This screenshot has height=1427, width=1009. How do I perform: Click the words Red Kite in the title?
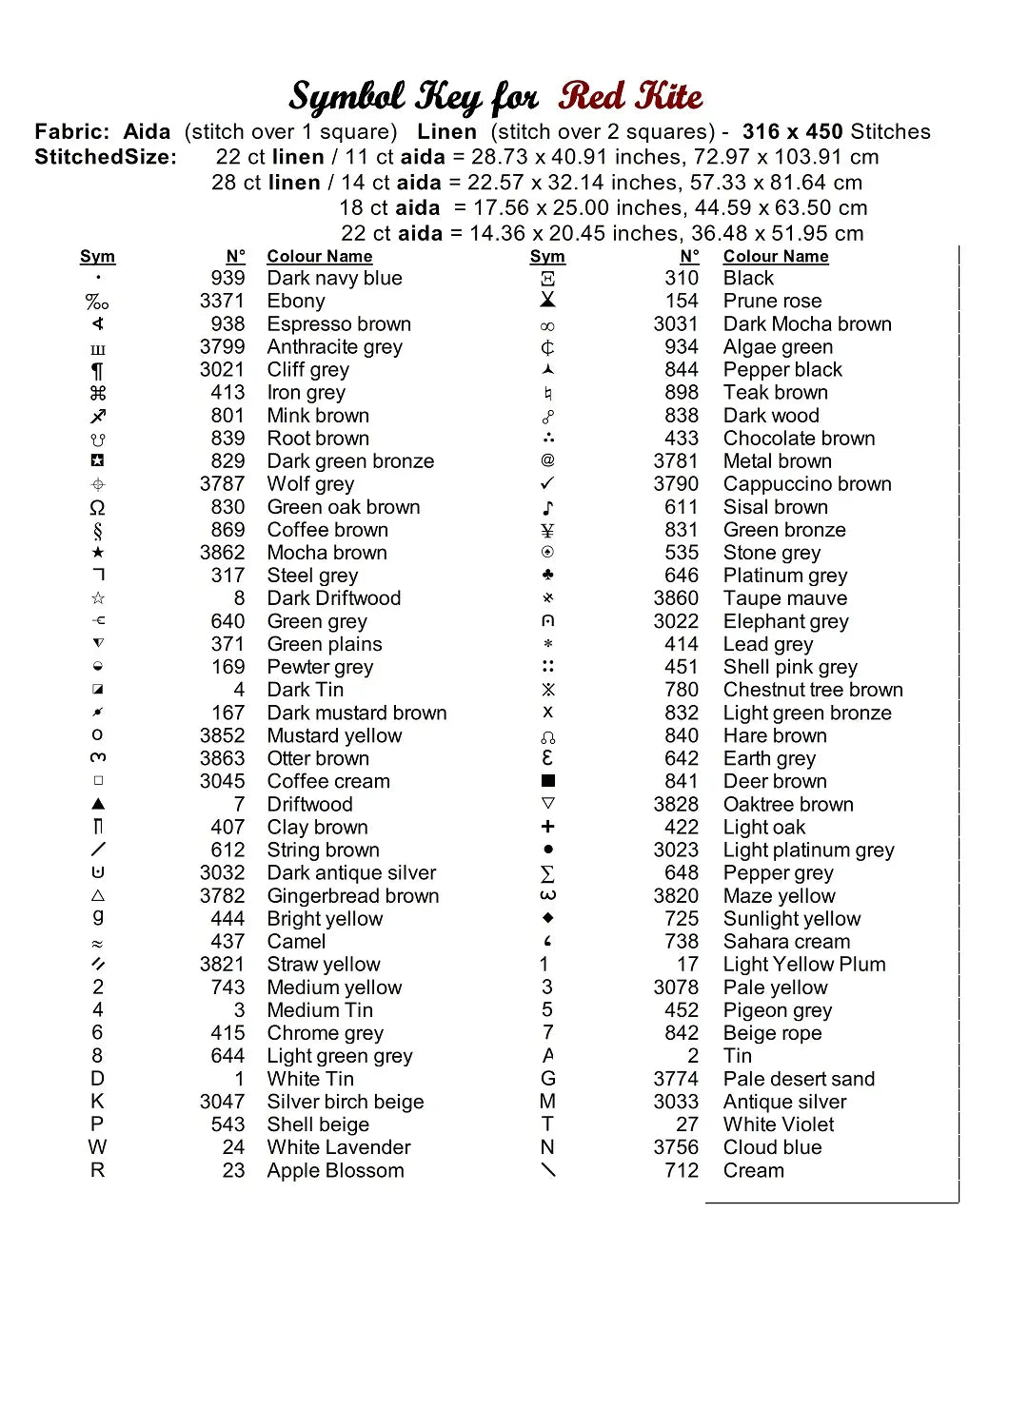click(630, 96)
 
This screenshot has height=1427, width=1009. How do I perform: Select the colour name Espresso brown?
click(339, 324)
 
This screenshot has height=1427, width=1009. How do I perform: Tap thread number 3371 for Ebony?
click(222, 302)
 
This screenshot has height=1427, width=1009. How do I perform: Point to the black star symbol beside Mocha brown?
click(98, 553)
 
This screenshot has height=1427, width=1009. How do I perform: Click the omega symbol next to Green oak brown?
click(98, 507)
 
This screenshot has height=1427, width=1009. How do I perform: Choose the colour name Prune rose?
click(772, 302)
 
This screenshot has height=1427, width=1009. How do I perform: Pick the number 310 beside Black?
click(682, 279)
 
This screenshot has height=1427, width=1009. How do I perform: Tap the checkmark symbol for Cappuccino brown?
click(547, 484)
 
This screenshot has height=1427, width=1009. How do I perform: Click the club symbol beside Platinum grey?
click(547, 576)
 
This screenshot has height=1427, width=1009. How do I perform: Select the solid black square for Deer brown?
click(547, 781)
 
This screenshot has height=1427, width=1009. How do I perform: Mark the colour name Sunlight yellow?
click(791, 919)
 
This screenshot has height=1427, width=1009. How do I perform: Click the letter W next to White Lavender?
click(98, 1147)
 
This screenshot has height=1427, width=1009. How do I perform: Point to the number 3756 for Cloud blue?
click(676, 1147)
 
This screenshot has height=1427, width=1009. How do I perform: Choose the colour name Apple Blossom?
click(335, 1170)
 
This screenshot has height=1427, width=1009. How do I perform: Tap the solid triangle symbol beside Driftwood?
click(98, 804)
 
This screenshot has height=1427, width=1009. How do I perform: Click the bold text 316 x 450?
click(792, 132)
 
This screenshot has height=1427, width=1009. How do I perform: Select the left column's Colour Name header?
click(320, 257)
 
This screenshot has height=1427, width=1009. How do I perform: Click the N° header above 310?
click(689, 257)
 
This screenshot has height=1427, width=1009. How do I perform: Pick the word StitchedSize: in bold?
click(106, 157)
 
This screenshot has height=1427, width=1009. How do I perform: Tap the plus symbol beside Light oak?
click(547, 827)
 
